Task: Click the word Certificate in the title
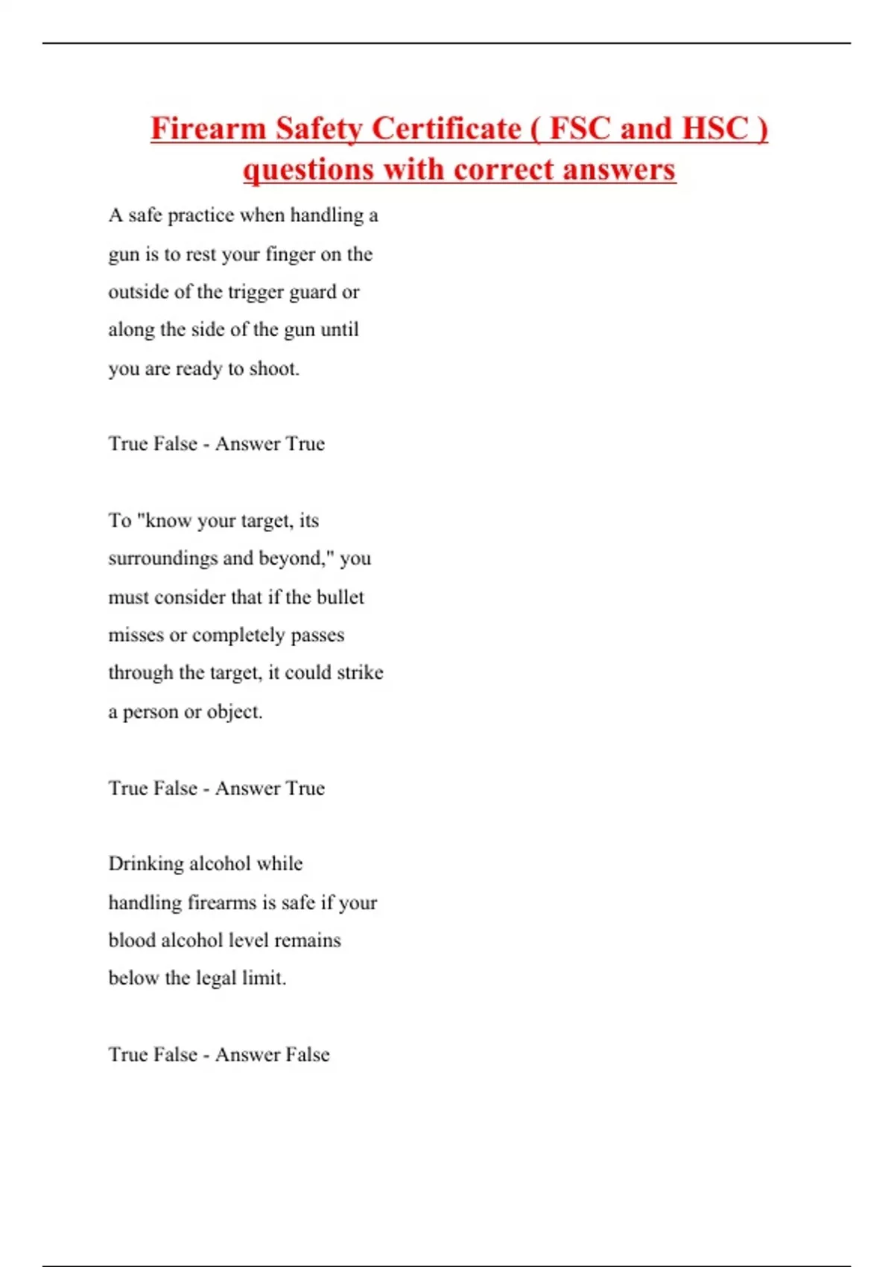[446, 128]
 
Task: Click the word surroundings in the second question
[169, 559]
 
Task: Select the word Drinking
[146, 864]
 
